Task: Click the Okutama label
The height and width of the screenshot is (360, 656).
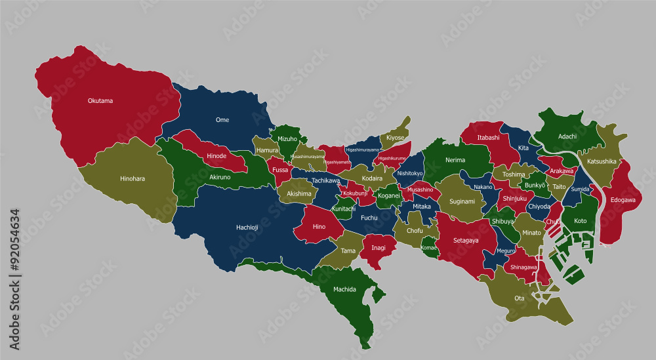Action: click(x=100, y=101)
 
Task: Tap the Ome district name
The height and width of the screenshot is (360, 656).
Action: click(x=222, y=120)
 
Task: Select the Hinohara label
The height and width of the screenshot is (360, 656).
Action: click(x=133, y=178)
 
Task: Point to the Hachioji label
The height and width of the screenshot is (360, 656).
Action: click(x=247, y=228)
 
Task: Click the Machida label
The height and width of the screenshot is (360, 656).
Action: click(x=344, y=289)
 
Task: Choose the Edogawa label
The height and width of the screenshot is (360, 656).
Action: click(x=623, y=200)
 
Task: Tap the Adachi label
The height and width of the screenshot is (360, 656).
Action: click(x=567, y=136)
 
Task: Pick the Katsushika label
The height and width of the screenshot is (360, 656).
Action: click(x=601, y=161)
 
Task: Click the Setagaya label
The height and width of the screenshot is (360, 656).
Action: click(x=466, y=241)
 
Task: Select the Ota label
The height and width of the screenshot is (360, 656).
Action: click(x=519, y=298)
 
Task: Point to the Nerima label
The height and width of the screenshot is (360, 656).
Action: click(x=455, y=160)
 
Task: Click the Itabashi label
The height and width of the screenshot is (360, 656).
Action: click(x=488, y=138)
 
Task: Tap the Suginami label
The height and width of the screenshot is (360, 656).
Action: click(x=462, y=201)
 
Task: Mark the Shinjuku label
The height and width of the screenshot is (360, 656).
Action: click(x=516, y=198)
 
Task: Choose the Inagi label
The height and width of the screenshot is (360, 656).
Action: click(x=379, y=248)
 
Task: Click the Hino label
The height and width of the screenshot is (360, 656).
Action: click(x=319, y=227)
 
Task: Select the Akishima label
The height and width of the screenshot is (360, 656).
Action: click(x=299, y=194)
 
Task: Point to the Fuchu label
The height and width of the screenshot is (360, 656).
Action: click(x=369, y=218)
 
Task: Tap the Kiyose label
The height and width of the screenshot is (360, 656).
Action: click(x=395, y=138)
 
